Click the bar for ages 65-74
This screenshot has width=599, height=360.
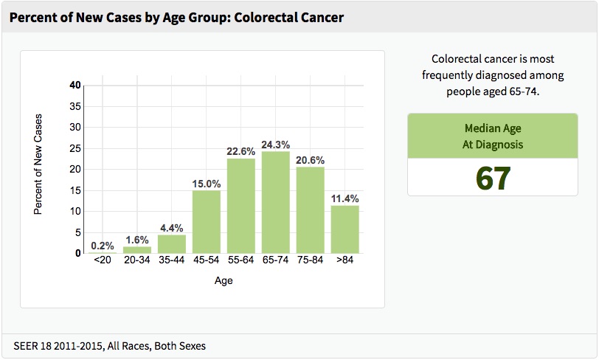click(x=275, y=202)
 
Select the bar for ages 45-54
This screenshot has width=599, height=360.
click(x=206, y=221)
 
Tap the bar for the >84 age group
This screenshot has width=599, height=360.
click(x=344, y=229)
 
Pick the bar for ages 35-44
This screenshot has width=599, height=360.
click(x=171, y=243)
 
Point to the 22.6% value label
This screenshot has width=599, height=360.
click(x=240, y=151)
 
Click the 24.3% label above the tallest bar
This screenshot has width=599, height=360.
click(x=275, y=144)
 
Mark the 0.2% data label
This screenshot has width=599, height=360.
click(x=103, y=246)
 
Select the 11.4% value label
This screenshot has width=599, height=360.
click(x=344, y=198)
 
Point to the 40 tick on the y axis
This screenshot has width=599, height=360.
click(x=75, y=85)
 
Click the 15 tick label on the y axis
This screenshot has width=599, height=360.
click(x=75, y=190)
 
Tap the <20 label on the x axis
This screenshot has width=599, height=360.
click(x=102, y=262)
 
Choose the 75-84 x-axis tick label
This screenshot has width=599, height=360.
click(x=310, y=262)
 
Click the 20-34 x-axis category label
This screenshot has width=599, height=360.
click(x=136, y=262)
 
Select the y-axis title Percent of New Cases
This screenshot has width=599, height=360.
click(x=38, y=164)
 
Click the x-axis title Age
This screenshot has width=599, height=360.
click(x=224, y=281)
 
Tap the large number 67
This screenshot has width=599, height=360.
click(x=492, y=179)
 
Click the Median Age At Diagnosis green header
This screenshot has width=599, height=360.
click(x=492, y=136)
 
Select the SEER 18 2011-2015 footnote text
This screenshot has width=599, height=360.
click(x=109, y=345)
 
